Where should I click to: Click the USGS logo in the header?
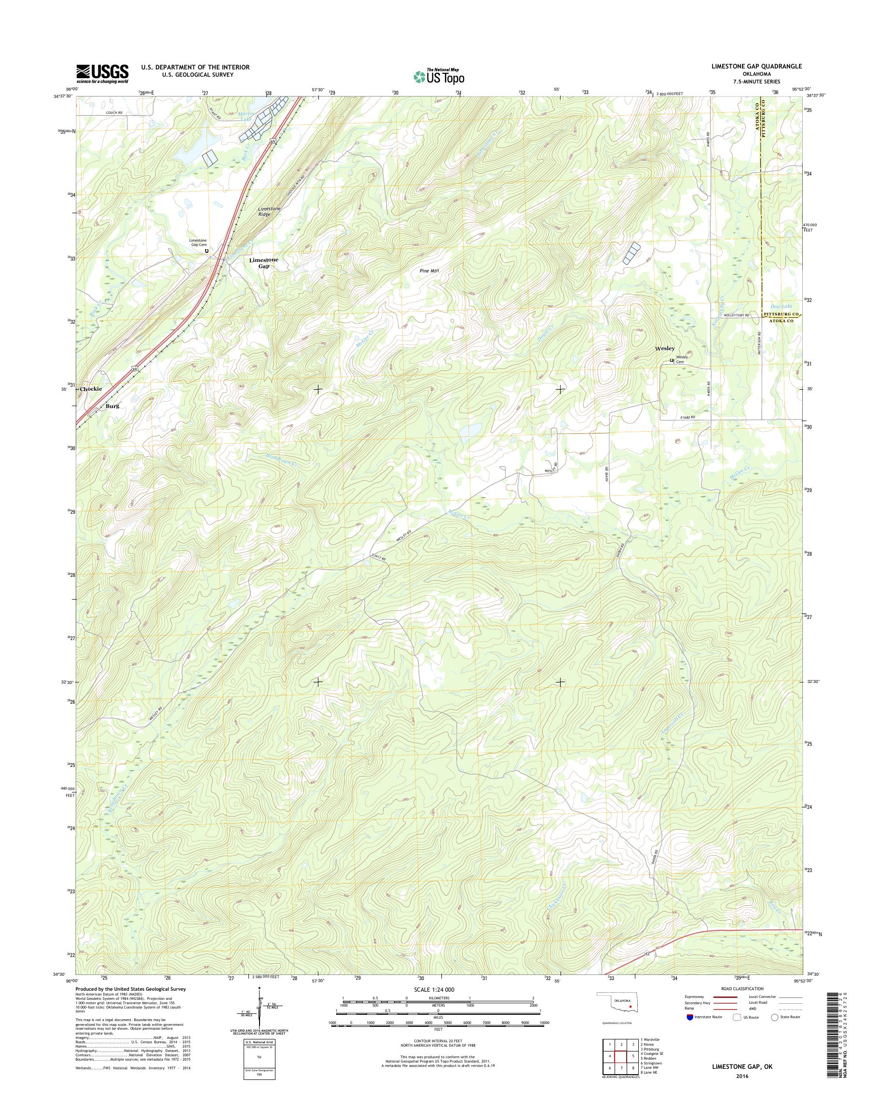[x=102, y=73]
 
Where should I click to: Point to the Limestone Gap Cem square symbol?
[x=206, y=251]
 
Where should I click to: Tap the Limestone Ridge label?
[x=269, y=211]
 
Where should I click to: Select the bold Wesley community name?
[x=664, y=349]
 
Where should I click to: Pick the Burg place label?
[x=112, y=406]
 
